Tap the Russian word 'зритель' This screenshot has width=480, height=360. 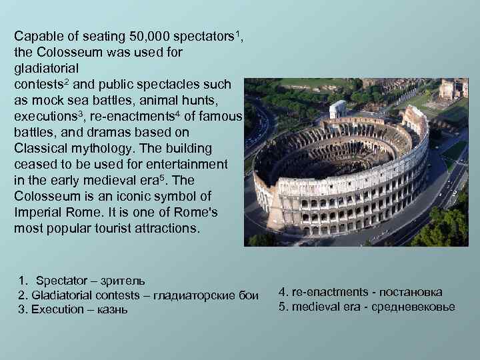point(123,281)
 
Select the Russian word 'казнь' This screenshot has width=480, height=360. point(111,310)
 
